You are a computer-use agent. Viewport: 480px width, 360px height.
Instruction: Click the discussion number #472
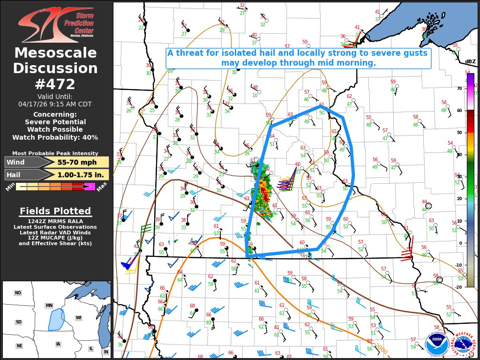(55, 84)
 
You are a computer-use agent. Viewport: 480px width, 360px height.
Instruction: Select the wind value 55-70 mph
(77, 162)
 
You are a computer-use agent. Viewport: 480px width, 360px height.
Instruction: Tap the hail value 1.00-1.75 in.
(77, 175)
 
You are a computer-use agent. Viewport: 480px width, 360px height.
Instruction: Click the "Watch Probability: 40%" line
(55, 137)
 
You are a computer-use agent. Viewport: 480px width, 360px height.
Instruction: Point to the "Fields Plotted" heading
(55, 211)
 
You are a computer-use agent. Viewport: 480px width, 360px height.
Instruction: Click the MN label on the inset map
(49, 306)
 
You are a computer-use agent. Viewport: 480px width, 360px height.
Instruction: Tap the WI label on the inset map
(79, 318)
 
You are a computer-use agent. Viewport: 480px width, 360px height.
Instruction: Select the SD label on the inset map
(18, 322)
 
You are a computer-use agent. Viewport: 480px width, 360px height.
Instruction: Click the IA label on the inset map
(58, 344)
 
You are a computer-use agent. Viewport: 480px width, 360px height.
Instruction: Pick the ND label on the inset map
(18, 293)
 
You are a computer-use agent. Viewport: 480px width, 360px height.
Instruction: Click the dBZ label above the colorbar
(470, 62)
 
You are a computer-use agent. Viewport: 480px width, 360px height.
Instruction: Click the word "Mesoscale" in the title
(55, 53)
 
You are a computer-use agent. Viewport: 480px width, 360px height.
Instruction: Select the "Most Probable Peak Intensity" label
(55, 153)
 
